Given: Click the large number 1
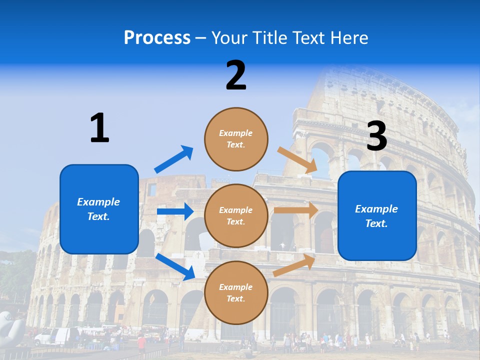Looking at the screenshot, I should tap(99, 128).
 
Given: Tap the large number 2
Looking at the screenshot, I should tap(236, 75).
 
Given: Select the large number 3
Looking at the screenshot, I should tap(377, 136).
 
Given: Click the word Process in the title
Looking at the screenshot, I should tap(157, 37).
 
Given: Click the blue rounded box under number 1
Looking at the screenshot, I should tap(99, 209).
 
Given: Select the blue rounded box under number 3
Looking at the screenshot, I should tap(377, 216).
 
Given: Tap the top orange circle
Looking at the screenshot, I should tap(236, 139).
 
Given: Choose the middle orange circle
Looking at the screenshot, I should tap(236, 215).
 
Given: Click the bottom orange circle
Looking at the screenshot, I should tap(236, 292).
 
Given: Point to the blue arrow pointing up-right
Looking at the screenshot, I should tap(174, 159).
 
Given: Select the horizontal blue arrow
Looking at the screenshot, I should tap(175, 211).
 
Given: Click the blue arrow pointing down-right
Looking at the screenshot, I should tap(175, 266).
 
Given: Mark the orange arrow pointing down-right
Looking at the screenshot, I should tap(298, 159).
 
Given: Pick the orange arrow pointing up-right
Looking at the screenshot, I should tap(294, 265).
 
